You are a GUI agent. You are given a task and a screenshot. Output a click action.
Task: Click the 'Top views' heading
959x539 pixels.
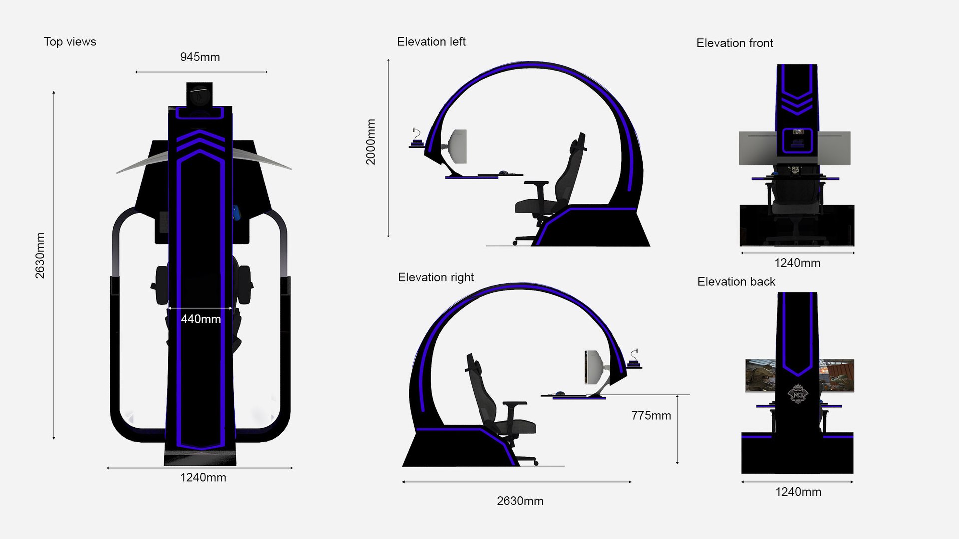[70, 42]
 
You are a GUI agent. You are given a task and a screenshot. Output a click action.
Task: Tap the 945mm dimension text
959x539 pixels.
[200, 57]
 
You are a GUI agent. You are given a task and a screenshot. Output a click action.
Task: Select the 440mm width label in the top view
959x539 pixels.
[200, 319]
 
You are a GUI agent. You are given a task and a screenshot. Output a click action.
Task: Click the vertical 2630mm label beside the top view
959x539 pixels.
[40, 256]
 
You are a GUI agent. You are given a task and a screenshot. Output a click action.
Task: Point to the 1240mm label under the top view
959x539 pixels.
[203, 478]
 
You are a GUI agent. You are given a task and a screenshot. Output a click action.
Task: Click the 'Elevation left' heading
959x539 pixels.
[431, 42]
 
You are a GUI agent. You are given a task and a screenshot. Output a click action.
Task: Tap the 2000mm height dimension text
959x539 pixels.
[370, 142]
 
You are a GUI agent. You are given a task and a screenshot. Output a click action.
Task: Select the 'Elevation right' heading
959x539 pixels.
[435, 277]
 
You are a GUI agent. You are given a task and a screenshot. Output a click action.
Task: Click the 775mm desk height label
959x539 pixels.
[651, 416]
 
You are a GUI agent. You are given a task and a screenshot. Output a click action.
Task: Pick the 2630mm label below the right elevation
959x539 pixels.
[520, 501]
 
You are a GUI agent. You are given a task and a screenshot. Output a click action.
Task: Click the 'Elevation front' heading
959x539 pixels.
[734, 43]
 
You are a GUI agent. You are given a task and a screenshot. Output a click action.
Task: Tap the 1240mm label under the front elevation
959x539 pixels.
[797, 263]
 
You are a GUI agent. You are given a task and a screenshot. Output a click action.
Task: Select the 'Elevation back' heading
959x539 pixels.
[736, 282]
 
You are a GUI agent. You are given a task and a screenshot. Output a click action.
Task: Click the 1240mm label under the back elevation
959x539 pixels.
[798, 492]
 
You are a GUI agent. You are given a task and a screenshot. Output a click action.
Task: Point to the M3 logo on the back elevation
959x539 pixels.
[797, 394]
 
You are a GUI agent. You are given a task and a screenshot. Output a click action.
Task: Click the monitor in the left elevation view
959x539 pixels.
[459, 146]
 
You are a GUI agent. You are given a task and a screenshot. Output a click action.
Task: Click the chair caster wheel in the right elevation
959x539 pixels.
[536, 463]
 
